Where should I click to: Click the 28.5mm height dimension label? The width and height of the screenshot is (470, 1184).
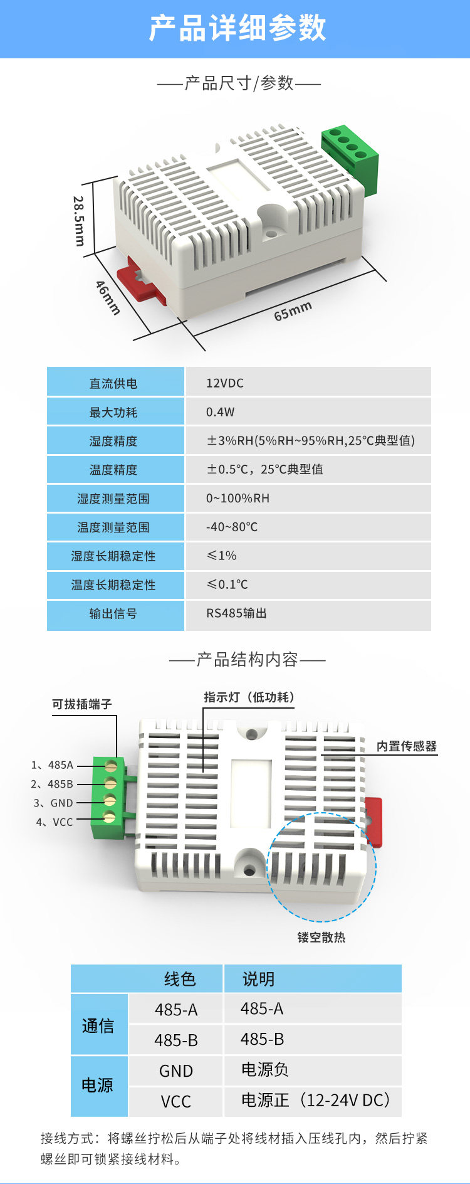pos(79,221)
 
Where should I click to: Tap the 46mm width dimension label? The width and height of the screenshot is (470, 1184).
pos(108,297)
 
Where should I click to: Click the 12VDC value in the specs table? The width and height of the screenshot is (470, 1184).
pos(225,383)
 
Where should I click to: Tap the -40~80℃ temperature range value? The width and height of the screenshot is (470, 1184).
pos(232,527)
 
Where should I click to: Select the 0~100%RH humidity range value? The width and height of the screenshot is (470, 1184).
pos(238,499)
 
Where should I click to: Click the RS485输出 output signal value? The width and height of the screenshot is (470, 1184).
pos(236,613)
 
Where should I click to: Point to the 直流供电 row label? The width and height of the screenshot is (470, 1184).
pos(113,383)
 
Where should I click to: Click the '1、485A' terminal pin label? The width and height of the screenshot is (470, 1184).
pos(52,765)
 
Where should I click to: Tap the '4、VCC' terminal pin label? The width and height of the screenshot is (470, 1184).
pos(54,822)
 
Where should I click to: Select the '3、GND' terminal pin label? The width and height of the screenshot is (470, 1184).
pos(53,803)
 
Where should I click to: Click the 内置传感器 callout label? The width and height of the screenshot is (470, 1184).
pos(407,746)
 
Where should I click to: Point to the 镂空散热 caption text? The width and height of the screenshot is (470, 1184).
pos(321,937)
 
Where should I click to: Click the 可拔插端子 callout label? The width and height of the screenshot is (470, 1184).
pos(82,704)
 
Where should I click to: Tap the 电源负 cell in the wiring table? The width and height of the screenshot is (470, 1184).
pos(265,1069)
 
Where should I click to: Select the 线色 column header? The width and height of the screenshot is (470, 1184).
pos(180,979)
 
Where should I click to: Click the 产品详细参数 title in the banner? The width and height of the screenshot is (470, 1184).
pos(238,28)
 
